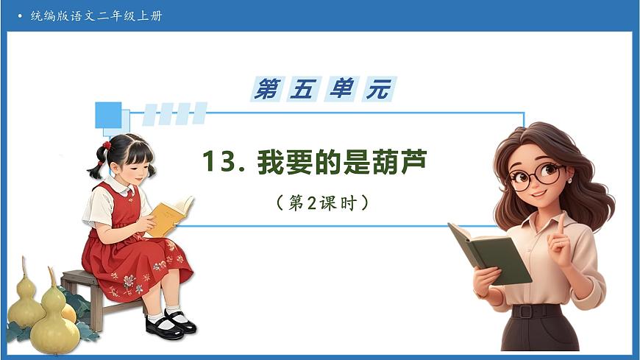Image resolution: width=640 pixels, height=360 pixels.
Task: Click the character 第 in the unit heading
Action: [267, 89]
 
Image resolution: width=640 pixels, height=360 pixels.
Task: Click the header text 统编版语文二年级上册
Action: [96, 15]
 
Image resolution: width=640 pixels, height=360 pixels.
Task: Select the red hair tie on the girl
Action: [107, 145]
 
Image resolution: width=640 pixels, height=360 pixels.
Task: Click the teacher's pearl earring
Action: [569, 180]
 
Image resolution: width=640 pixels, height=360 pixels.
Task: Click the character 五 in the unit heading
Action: [304, 89]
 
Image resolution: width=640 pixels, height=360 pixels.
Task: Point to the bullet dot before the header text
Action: [20, 15]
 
